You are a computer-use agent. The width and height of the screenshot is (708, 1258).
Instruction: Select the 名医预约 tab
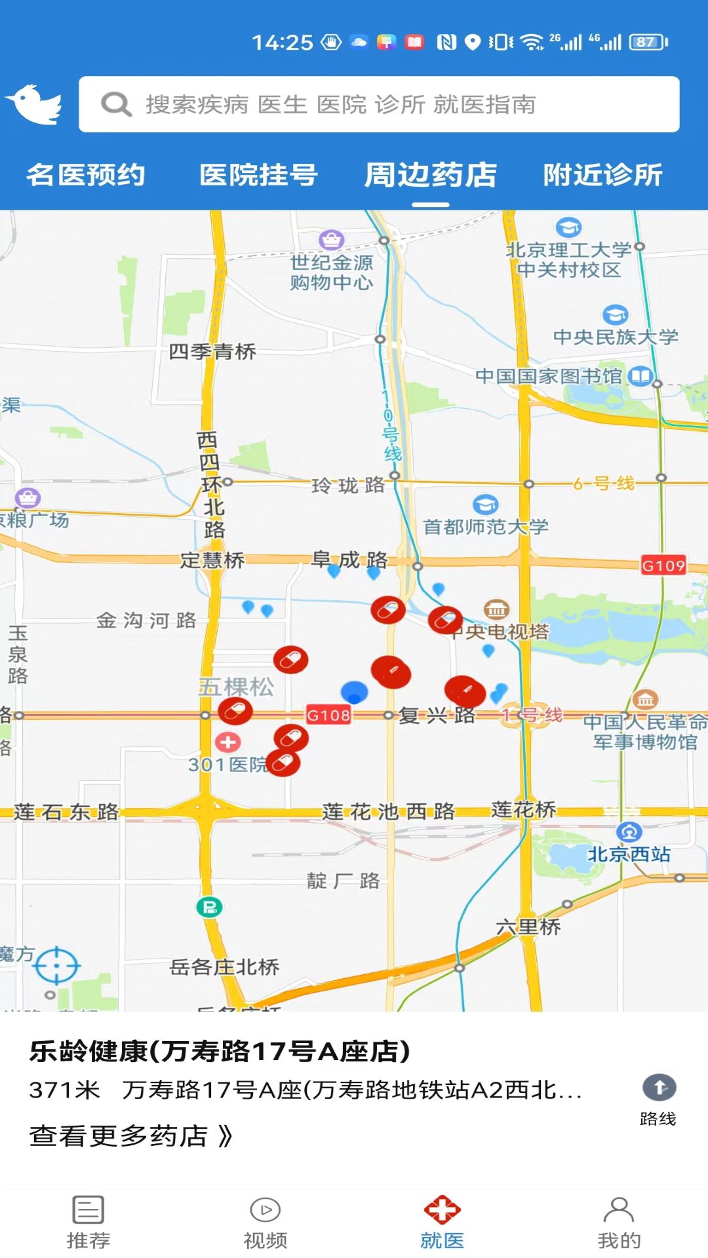tap(86, 175)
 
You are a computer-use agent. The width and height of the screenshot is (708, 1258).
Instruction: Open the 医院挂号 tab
tap(258, 175)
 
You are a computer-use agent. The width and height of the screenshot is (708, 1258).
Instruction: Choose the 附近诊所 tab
tap(602, 175)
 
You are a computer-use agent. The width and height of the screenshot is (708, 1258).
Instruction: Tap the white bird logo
tap(34, 104)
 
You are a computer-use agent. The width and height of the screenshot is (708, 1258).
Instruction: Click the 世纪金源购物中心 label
tap(332, 272)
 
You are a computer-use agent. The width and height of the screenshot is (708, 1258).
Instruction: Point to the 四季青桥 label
tap(212, 352)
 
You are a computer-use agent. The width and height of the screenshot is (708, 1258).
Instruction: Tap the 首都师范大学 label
tap(486, 526)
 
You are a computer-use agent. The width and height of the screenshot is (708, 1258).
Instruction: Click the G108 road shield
tap(328, 715)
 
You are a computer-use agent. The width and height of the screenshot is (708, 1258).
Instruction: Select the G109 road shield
tap(663, 565)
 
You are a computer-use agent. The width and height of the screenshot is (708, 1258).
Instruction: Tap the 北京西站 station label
tap(628, 854)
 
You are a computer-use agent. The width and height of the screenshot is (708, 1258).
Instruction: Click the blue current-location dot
tap(355, 691)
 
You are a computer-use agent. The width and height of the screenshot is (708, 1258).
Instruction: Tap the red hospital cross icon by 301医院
tap(228, 742)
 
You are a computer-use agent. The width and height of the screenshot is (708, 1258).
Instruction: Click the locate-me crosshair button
tap(57, 965)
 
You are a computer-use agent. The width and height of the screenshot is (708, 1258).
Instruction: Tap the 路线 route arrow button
tap(659, 1088)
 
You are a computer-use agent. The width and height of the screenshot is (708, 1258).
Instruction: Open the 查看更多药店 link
tap(131, 1135)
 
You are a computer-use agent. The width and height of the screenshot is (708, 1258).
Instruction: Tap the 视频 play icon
tap(265, 1210)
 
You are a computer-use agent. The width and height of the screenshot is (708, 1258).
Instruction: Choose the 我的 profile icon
tap(619, 1210)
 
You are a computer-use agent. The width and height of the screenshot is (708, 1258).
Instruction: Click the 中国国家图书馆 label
tap(548, 376)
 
